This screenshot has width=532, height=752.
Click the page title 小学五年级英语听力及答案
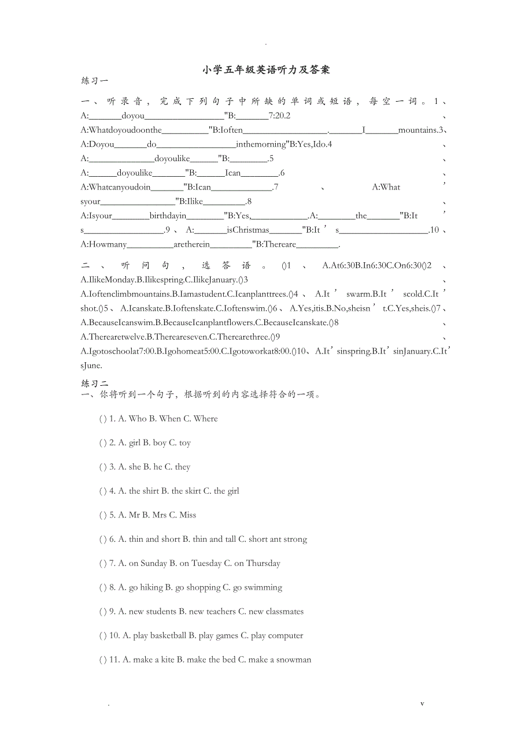(x=266, y=70)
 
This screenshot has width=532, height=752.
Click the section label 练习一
(x=94, y=81)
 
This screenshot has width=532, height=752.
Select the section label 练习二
(x=94, y=384)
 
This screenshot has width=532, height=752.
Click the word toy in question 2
(x=185, y=443)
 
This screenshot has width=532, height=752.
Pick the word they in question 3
(x=183, y=467)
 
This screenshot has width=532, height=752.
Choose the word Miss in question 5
(x=188, y=515)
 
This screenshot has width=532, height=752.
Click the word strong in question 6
(x=295, y=539)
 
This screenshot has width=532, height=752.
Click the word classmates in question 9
(x=284, y=612)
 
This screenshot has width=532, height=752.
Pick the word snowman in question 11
(x=294, y=660)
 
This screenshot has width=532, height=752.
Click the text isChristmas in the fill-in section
(x=248, y=230)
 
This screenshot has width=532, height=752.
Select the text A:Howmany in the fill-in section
(x=104, y=244)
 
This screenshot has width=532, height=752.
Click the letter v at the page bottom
(x=422, y=703)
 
